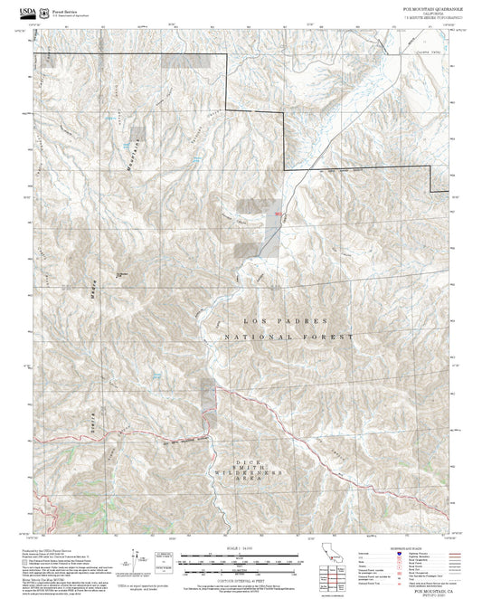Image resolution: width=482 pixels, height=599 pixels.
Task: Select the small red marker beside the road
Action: click(x=278, y=214)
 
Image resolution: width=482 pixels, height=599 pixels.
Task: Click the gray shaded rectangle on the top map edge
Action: click(x=175, y=62)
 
